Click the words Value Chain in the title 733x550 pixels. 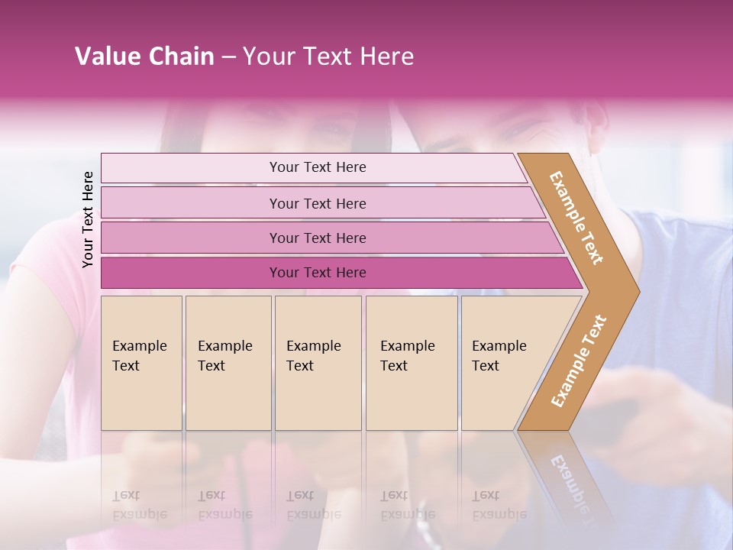click(144, 57)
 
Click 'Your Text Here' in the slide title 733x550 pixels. click(328, 57)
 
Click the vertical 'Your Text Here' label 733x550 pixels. click(88, 220)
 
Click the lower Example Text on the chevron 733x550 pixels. click(579, 361)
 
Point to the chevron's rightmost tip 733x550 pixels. click(638, 291)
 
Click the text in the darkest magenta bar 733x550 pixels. click(318, 273)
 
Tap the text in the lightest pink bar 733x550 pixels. click(318, 167)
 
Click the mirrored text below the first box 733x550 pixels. click(140, 505)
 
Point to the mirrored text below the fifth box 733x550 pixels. click(499, 505)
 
